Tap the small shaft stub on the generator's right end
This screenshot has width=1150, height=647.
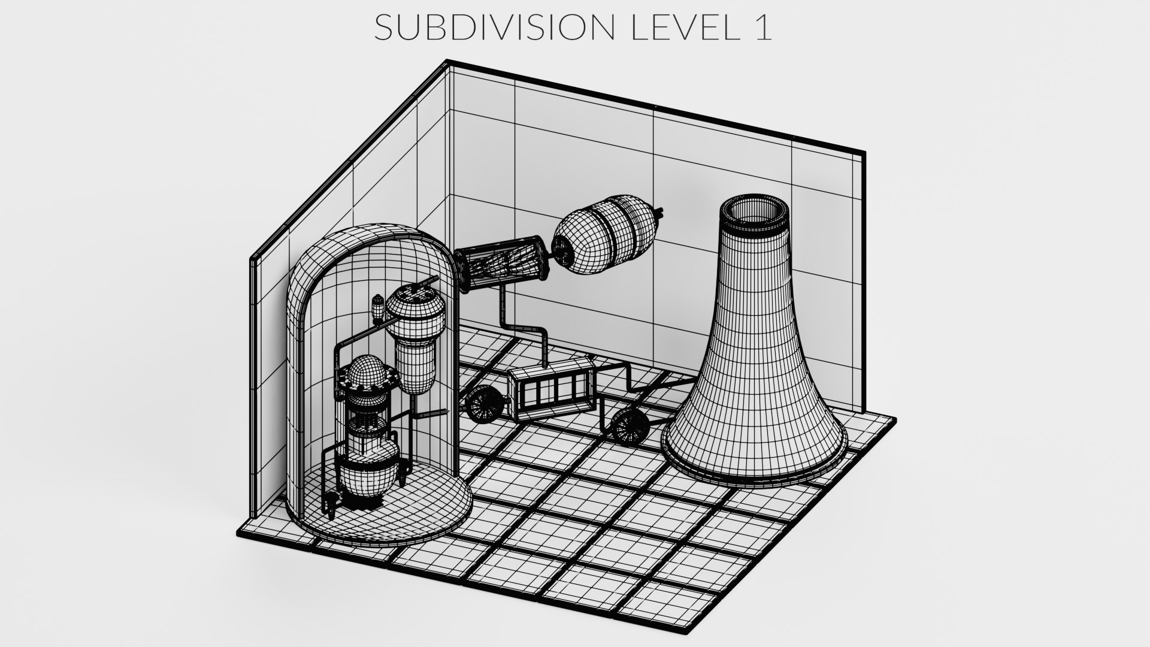click(660, 212)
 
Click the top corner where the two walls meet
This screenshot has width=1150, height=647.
click(449, 62)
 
